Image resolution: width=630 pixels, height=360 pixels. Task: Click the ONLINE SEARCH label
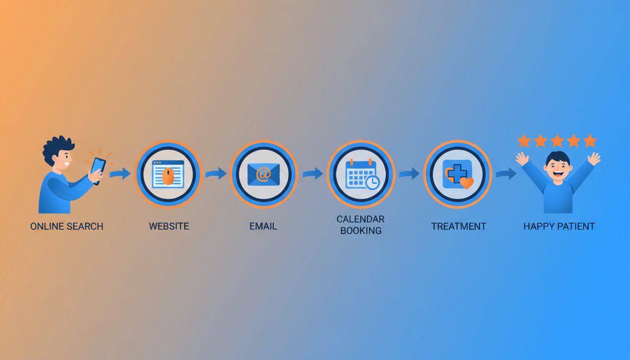pos(67,226)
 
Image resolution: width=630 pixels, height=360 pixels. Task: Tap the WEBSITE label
pos(169,226)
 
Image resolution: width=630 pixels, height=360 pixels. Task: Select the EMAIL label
pos(263,226)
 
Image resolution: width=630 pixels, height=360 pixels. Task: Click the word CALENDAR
pos(360,219)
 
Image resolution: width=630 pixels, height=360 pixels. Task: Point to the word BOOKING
pos(360,231)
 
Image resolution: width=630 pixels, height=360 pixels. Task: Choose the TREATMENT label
pos(458,226)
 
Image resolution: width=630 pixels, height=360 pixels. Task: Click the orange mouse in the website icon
pos(168,176)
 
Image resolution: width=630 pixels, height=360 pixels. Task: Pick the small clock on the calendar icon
pos(373,182)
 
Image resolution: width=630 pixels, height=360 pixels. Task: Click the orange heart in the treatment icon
pos(466,182)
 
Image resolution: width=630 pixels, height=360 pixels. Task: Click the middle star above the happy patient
pos(557,141)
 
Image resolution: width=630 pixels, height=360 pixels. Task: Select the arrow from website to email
pos(216,173)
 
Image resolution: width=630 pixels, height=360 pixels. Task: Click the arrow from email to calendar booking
pos(313,173)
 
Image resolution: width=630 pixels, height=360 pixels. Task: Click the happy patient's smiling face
pos(557,166)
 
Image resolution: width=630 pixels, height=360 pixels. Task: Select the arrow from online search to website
pos(120,174)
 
